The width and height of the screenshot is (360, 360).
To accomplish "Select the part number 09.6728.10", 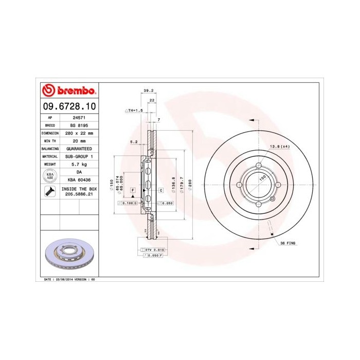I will click(x=68, y=106).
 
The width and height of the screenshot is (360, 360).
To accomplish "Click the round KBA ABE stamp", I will click(x=50, y=175).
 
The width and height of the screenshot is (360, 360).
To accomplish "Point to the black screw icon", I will click(x=50, y=192).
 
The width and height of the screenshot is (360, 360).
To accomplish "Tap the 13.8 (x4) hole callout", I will click(x=280, y=147).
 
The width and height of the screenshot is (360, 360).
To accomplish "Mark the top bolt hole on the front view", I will click(x=258, y=165).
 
